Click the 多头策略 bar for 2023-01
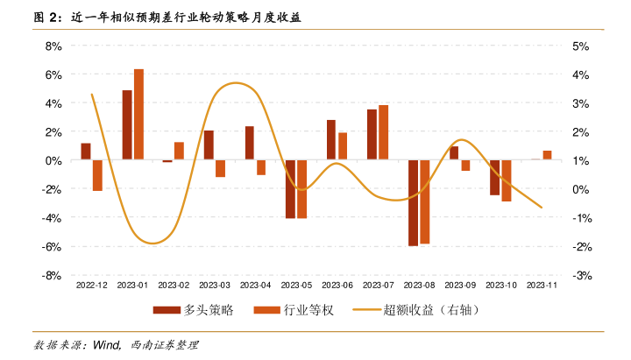[x=127, y=125]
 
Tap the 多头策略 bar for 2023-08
[x=414, y=203]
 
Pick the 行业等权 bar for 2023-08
[x=425, y=202]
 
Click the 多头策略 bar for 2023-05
[x=291, y=189]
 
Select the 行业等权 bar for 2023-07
[x=384, y=133]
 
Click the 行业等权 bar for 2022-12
[x=97, y=175]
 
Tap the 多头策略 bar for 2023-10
[x=495, y=178]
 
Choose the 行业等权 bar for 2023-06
[x=343, y=146]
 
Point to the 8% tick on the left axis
[x=53, y=46]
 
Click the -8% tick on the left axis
[x=52, y=275]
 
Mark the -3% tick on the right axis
[x=582, y=275]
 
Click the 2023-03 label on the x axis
[x=215, y=286]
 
